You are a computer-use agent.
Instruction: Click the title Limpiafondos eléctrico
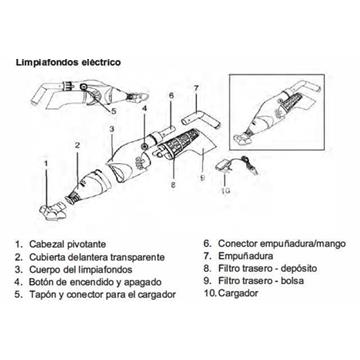click(69, 62)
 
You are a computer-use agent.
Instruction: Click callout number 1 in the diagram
click(43, 161)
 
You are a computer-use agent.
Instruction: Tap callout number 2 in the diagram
click(76, 144)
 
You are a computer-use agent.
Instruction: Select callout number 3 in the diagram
click(113, 129)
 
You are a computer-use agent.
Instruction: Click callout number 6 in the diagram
click(171, 95)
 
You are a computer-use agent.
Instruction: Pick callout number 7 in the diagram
click(196, 88)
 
